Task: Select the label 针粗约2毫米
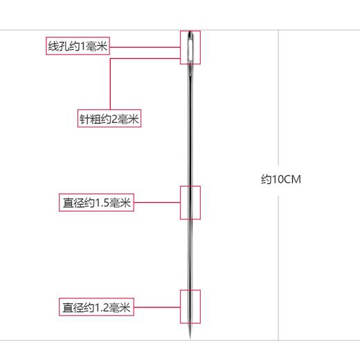[x=109, y=119]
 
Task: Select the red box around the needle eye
[x=190, y=32]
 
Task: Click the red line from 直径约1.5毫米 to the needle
[x=156, y=203]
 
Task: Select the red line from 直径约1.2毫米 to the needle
[x=156, y=307]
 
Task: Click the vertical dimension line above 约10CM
[x=278, y=104]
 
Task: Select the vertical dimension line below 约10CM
[x=278, y=263]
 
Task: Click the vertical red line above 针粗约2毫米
[x=109, y=83]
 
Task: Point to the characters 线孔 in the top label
[x=57, y=48]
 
